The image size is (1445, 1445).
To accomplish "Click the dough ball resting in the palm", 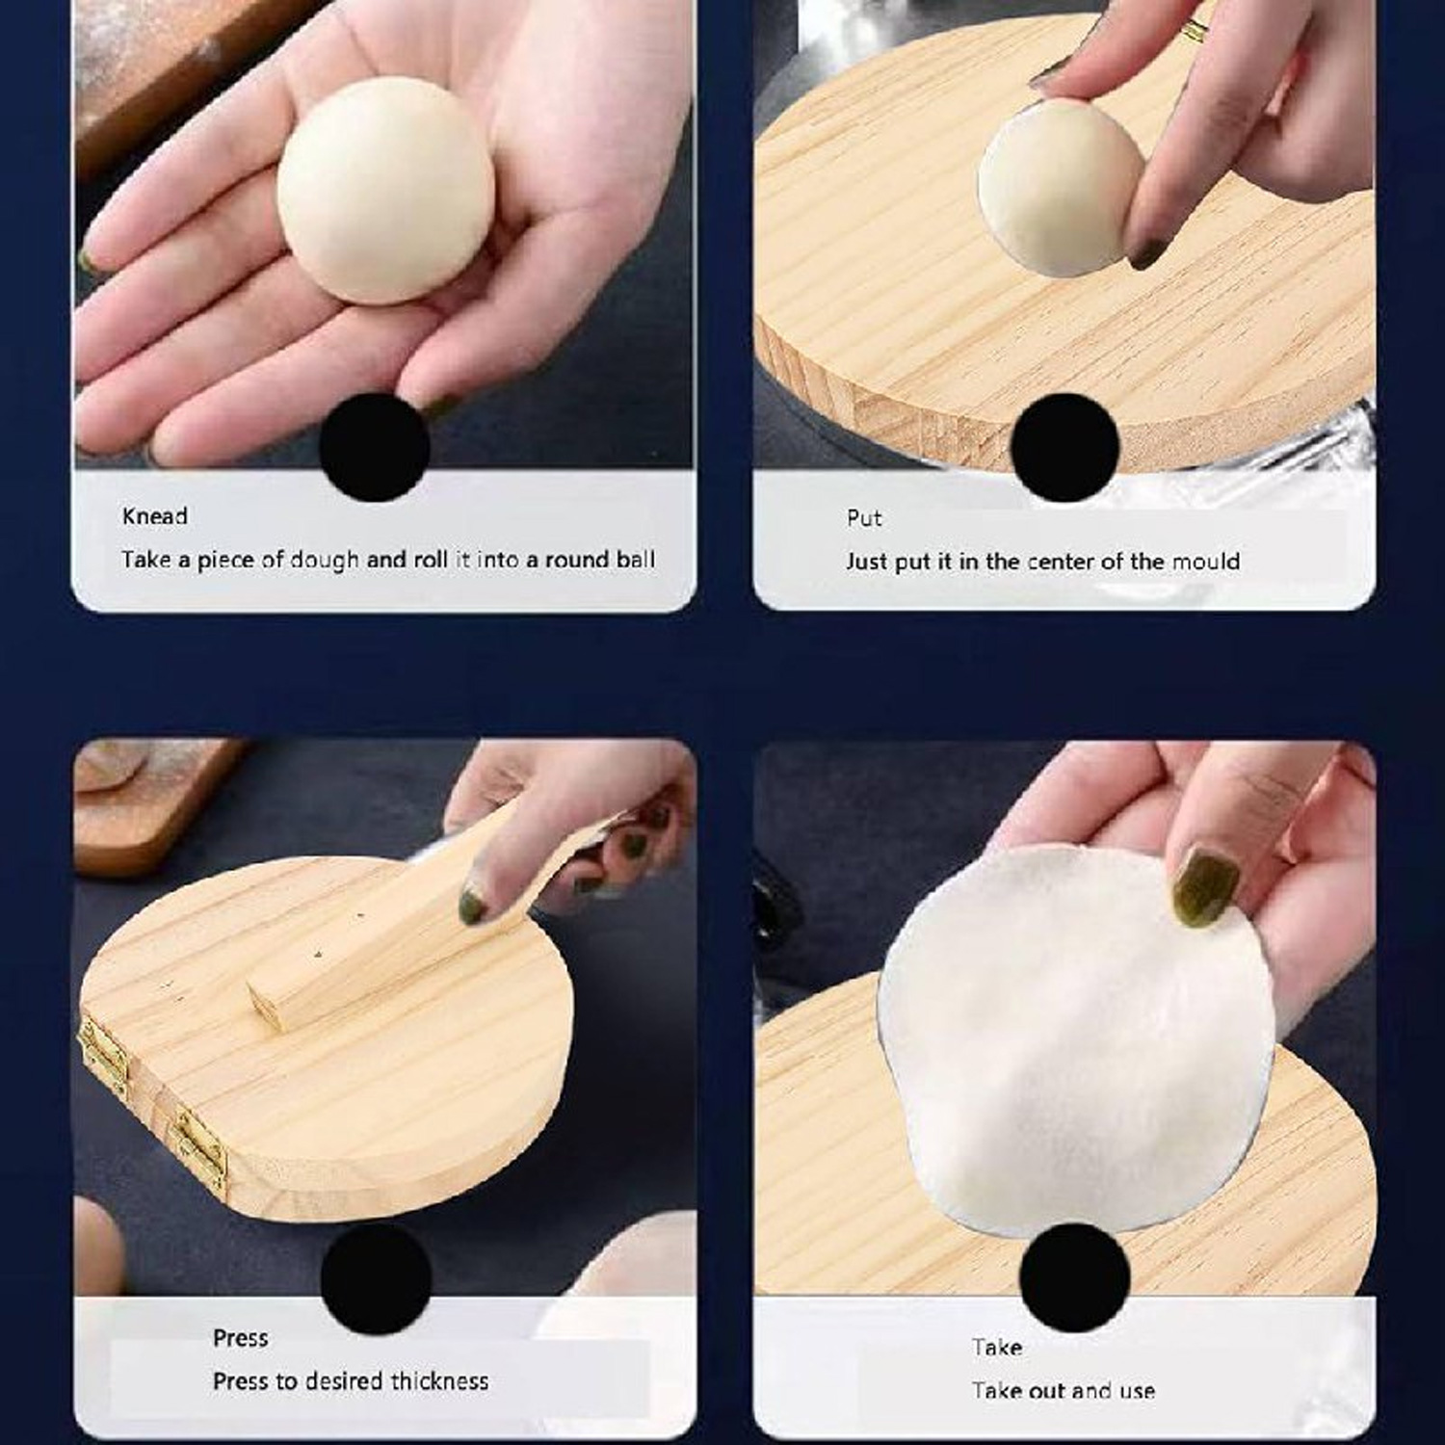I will click(x=385, y=191).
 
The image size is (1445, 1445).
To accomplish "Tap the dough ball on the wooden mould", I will click(x=1056, y=193).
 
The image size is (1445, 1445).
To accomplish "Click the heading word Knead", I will click(x=154, y=516).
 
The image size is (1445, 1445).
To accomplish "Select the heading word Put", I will click(x=864, y=518).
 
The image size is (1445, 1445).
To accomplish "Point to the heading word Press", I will click(x=240, y=1338).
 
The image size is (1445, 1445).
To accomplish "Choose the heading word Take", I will click(x=996, y=1347).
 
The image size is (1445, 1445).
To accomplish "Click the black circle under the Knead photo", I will click(x=374, y=447).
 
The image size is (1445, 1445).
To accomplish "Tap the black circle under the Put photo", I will click(x=1064, y=447).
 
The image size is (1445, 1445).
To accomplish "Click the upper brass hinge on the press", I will click(x=104, y=1051).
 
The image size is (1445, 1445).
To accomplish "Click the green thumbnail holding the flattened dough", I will click(x=1204, y=886).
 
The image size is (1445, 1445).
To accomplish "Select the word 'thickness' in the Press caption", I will click(x=439, y=1381).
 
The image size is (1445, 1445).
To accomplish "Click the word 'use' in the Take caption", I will click(x=1137, y=1391).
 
